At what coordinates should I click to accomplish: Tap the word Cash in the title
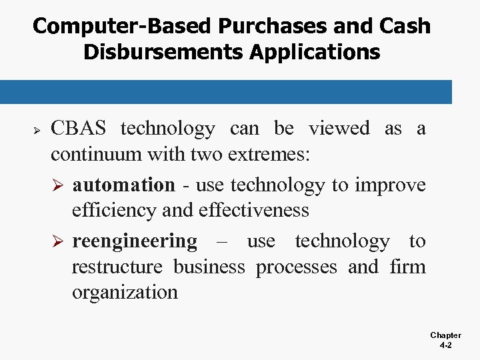[x=404, y=27]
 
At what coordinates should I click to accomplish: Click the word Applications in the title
[x=317, y=52]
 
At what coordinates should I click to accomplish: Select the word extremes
[x=269, y=155]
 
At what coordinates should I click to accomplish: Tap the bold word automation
[x=123, y=185]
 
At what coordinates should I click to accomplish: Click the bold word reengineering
[x=135, y=241]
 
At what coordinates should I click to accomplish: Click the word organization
[x=125, y=293]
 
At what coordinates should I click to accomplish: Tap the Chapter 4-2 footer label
[x=445, y=341]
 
